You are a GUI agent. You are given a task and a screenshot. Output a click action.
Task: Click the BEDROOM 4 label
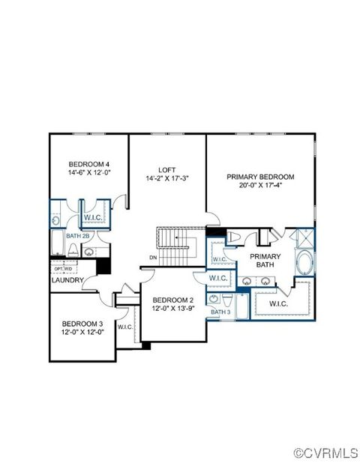pyautogui.click(x=88, y=164)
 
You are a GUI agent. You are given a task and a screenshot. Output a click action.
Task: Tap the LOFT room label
pyautogui.click(x=166, y=169)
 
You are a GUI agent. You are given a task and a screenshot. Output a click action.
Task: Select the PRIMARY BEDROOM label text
pyautogui.click(x=260, y=177)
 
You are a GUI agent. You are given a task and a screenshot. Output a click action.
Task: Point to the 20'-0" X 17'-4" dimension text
pyautogui.click(x=260, y=186)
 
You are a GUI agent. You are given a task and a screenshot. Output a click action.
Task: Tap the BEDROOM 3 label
pyautogui.click(x=82, y=324)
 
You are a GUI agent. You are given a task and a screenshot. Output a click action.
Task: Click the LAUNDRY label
pyautogui.click(x=67, y=280)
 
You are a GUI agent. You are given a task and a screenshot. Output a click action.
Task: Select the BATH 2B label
pyautogui.click(x=77, y=236)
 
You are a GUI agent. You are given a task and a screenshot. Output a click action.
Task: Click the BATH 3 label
pyautogui.click(x=220, y=312)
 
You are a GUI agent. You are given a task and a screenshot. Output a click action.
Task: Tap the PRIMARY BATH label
pyautogui.click(x=265, y=260)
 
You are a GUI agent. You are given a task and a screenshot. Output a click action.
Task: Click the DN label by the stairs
pyautogui.click(x=152, y=258)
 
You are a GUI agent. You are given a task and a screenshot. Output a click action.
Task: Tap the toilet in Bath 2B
pyautogui.click(x=55, y=220)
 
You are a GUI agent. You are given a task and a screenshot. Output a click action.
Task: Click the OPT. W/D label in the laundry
pyautogui.click(x=62, y=267)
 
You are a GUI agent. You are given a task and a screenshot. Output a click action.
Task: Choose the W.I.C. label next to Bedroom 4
pyautogui.click(x=94, y=218)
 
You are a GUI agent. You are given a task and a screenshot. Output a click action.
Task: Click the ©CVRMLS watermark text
pyautogui.click(x=325, y=453)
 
